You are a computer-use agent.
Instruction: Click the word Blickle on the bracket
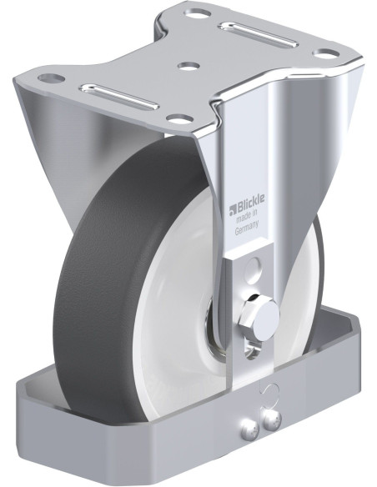(x=251, y=203)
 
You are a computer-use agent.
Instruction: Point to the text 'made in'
(x=248, y=217)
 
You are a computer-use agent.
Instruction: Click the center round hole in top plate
(x=188, y=66)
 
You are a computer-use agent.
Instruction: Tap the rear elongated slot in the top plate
(x=259, y=34)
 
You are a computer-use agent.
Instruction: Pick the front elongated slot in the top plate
(x=119, y=96)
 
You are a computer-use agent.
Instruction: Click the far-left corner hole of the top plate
(x=51, y=78)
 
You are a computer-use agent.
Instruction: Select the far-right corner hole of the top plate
(x=326, y=53)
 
